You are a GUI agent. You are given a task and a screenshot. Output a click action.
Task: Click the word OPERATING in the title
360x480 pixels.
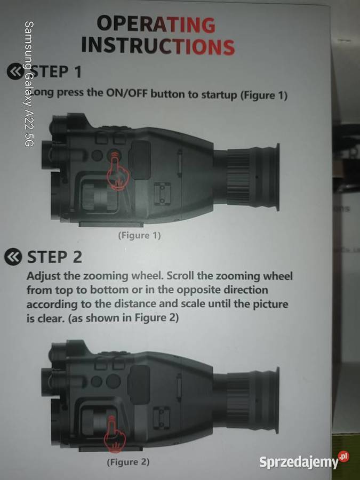(x=156, y=24)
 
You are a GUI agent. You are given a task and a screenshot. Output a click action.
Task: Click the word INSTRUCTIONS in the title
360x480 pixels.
(x=158, y=46)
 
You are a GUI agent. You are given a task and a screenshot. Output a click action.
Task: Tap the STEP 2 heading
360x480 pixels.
(x=54, y=257)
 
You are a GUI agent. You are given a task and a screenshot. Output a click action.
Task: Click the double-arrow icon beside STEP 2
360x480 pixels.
(x=13, y=257)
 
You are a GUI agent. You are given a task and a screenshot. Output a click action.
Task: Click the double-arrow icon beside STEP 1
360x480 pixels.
(x=15, y=71)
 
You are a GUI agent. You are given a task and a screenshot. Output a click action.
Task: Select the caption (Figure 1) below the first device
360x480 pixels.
(x=140, y=235)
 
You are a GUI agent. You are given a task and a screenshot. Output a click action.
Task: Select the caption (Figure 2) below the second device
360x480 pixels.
(x=128, y=462)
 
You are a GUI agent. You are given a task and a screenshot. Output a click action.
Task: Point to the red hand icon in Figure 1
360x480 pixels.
(x=117, y=171)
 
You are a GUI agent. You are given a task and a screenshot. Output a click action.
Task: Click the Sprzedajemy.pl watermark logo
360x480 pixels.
(x=304, y=461)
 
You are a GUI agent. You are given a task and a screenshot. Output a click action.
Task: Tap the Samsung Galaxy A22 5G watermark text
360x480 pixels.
(x=28, y=84)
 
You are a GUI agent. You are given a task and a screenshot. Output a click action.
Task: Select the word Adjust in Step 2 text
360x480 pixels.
(x=44, y=276)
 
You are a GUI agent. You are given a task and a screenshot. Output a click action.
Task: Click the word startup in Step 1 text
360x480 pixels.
(x=219, y=95)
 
